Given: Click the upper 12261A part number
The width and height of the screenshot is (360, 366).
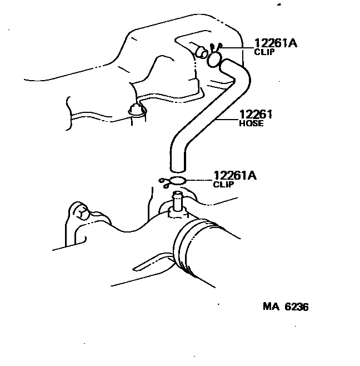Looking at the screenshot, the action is coord(276,43).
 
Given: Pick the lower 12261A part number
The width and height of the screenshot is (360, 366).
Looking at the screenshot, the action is coord(235,176).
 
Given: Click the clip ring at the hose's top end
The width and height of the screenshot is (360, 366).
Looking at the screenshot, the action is coord(214,59).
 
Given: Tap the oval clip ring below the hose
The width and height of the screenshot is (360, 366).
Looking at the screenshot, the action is coord(177,180).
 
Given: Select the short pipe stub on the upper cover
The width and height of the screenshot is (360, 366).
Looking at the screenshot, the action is coord(202,53).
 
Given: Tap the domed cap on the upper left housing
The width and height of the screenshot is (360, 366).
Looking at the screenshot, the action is coord(136,109).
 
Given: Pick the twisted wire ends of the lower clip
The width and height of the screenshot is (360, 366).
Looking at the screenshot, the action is coord(163,181).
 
